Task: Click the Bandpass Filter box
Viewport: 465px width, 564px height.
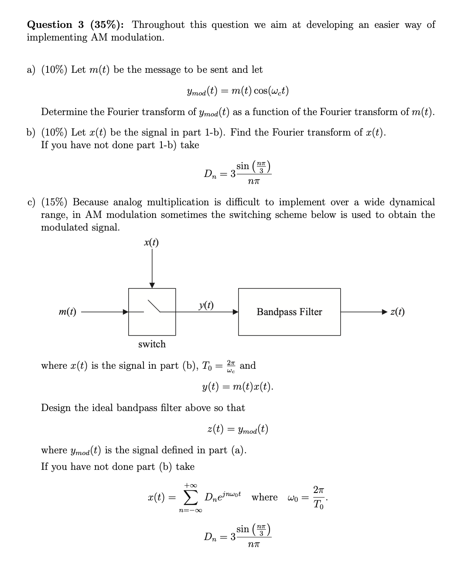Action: pos(289,312)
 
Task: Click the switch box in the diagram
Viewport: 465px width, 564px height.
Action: pos(152,312)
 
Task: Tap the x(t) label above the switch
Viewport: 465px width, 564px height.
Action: pos(151,243)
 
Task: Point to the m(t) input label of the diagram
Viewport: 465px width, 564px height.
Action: pos(68,312)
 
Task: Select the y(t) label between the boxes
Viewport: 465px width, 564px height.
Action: pos(206,306)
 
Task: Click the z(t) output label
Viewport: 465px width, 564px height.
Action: pos(397,312)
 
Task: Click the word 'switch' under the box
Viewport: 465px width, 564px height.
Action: pos(152,344)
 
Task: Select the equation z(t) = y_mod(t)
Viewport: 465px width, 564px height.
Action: pos(238,430)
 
